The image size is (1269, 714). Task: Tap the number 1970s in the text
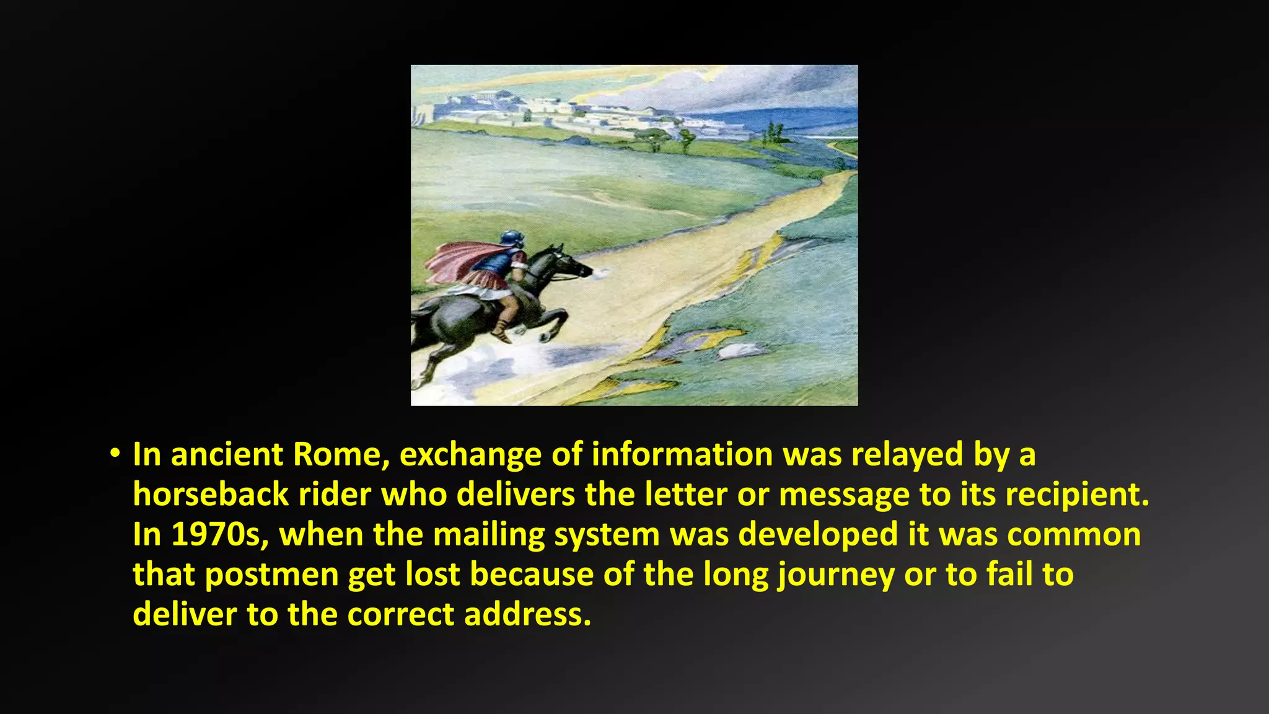click(219, 534)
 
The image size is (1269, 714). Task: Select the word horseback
click(211, 495)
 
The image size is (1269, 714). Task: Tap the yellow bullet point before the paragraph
click(114, 454)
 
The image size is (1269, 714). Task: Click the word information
click(682, 454)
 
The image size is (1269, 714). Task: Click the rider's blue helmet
click(512, 239)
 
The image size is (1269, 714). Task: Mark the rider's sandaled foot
click(503, 337)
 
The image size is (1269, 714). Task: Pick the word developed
click(818, 535)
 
